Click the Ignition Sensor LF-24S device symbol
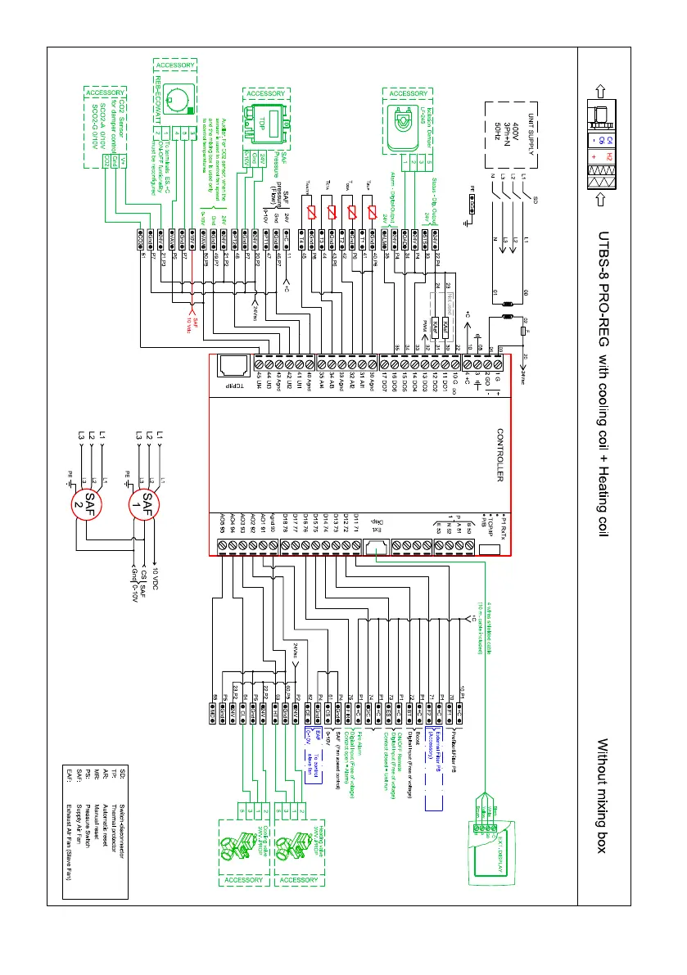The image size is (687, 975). pos(404,123)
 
